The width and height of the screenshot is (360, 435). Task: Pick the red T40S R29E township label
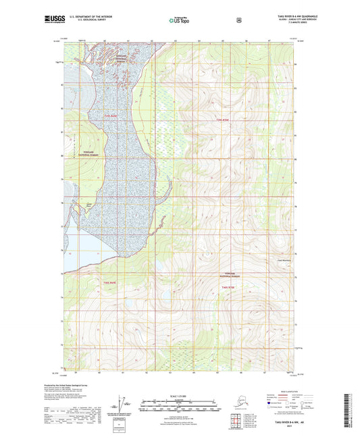tap(111, 282)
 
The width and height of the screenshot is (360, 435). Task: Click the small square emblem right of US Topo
tap(238, 20)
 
